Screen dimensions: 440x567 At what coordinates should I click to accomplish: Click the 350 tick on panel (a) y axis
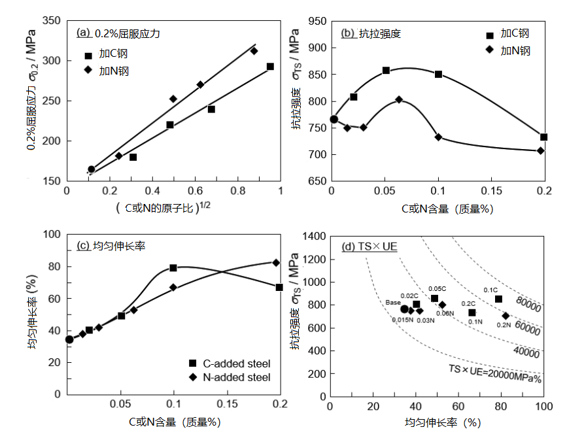pos(55,21)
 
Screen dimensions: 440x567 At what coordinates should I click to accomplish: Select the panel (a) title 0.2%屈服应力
pos(128,32)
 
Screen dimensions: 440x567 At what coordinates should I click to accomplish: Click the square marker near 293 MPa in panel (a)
pos(270,67)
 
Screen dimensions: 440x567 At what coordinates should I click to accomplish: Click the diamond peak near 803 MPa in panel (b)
pos(399,99)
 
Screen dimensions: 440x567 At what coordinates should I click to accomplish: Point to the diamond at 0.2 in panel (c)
pos(276,262)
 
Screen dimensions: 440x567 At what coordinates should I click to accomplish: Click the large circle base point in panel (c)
pos(69,339)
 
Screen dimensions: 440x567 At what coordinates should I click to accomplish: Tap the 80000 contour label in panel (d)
pos(528,302)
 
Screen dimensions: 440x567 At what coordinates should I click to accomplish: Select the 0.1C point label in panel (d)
pos(492,290)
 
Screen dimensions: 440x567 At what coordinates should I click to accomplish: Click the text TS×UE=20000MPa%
pos(494,374)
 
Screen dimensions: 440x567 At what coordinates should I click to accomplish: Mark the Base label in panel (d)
pos(393,302)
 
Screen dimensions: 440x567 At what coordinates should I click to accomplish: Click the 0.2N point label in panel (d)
pos(504,325)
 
